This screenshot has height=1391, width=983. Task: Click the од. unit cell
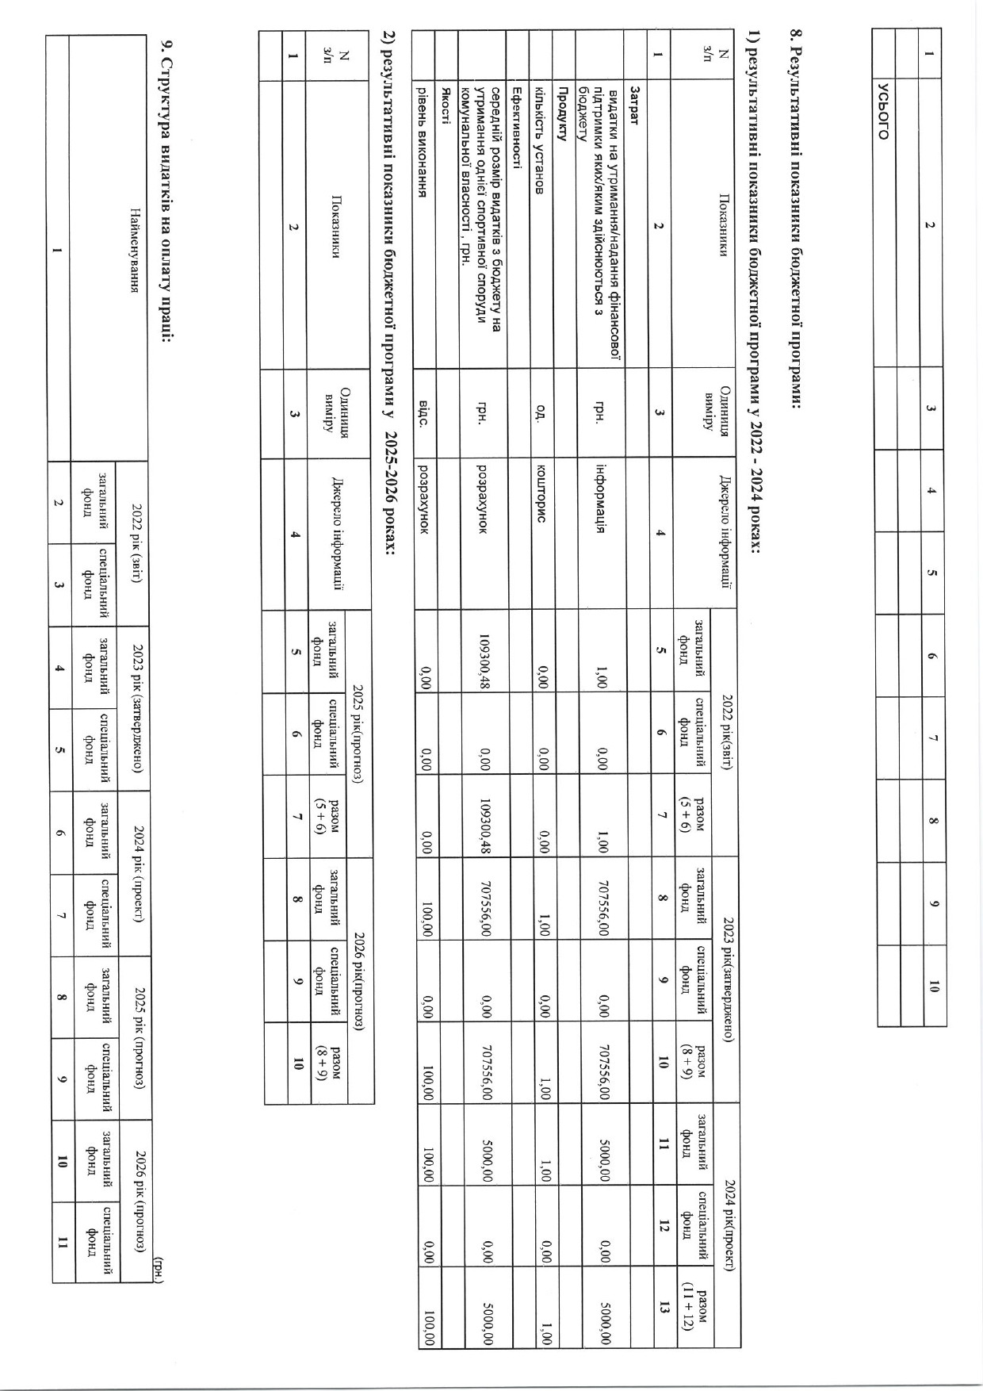[540, 414]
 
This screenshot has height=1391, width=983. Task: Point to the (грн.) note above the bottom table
[159, 1264]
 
